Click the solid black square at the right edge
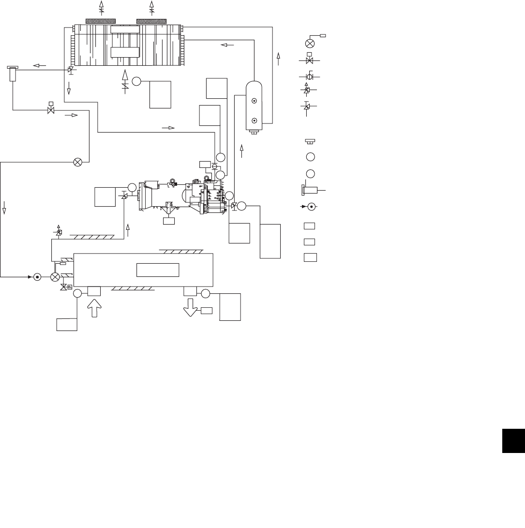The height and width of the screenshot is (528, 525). pos(513,441)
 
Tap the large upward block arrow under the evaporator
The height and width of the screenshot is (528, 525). pos(94,308)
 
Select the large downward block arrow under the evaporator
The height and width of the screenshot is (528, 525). pos(190,307)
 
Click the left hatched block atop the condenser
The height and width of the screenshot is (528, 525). pos(100,21)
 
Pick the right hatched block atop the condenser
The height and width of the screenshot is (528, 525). pos(151,21)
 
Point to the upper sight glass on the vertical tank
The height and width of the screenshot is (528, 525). pos(254,101)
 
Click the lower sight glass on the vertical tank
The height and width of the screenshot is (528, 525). pos(254,121)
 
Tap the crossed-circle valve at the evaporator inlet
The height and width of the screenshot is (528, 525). pos(55,277)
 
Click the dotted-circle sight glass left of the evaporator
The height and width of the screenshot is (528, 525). pos(37,277)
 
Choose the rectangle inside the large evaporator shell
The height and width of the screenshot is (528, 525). pos(158,270)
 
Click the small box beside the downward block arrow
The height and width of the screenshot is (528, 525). pos(207,310)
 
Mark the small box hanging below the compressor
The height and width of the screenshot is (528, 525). pos(169,221)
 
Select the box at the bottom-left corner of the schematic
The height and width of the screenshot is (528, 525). pos(67,324)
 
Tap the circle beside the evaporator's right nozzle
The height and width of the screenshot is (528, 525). pos(206,293)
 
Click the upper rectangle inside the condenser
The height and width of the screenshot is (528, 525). pos(125,30)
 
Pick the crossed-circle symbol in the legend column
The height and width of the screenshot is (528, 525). pos(310,44)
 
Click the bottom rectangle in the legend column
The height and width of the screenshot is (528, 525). pos(310,257)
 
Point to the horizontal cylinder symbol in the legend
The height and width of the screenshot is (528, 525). pos(312,191)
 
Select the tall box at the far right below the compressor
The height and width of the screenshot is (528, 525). pos(270,241)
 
